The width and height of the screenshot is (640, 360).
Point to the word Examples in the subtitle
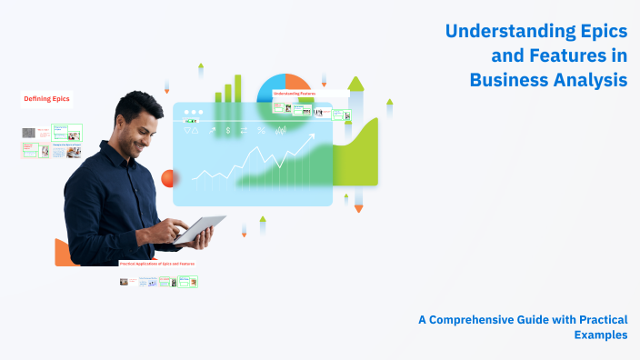tap(600, 335)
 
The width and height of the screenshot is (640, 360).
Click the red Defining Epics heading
tap(46, 99)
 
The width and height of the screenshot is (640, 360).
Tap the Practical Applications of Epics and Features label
tap(157, 264)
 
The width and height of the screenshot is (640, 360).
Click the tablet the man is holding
tap(201, 230)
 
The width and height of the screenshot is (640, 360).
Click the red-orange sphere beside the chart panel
tap(168, 178)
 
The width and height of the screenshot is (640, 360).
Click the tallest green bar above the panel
tap(238, 87)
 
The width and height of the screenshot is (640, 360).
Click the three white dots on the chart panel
tap(193, 112)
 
